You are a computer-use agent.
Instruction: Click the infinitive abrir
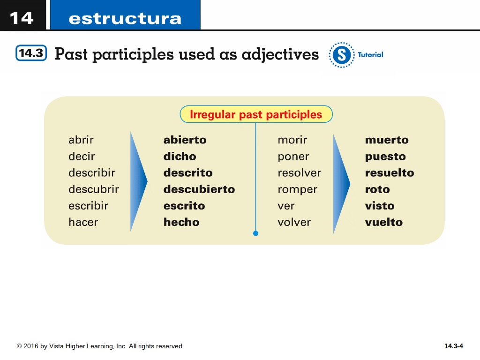[81, 140]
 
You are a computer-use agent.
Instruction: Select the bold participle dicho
[180, 156]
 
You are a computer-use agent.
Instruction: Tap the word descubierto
[199, 189]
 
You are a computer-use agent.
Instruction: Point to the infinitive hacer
[83, 222]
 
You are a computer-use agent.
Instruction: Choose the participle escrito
[184, 206]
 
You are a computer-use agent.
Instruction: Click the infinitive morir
[292, 140]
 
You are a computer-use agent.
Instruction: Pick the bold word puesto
[385, 157]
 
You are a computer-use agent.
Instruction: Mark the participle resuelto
[390, 172]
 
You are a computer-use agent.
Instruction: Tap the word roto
[377, 189]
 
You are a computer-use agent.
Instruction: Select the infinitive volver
[294, 222]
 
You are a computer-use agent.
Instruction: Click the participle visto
[380, 206]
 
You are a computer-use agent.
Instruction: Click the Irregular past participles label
[256, 114]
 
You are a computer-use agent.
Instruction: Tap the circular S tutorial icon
[342, 55]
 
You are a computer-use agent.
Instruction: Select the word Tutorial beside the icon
[370, 55]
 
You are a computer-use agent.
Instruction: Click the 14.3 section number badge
[31, 53]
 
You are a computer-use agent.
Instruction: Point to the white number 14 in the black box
[22, 18]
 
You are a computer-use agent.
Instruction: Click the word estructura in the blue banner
[125, 19]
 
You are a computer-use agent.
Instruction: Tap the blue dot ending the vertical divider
[255, 233]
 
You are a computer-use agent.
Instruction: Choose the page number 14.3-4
[454, 346]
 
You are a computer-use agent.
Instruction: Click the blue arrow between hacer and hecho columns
[138, 181]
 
